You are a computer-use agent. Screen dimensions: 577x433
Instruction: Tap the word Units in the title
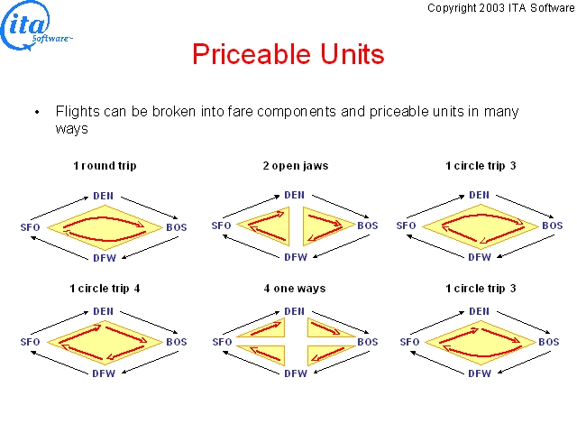[353, 54]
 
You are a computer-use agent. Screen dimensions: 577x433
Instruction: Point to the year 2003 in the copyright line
[492, 8]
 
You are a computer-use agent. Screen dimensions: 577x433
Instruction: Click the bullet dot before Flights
[37, 112]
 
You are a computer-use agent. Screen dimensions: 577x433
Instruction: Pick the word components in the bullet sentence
[297, 112]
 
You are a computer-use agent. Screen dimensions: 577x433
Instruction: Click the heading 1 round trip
[105, 166]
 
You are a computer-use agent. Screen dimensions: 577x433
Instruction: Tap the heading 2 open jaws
[296, 166]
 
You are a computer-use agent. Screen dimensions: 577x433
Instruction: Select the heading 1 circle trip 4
[105, 289]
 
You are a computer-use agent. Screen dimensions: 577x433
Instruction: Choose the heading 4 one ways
[295, 289]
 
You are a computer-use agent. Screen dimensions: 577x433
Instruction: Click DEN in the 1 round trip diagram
[103, 196]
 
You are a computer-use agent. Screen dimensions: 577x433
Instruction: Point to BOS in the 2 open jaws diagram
[368, 226]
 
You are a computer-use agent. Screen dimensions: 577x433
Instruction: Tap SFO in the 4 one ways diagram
[223, 342]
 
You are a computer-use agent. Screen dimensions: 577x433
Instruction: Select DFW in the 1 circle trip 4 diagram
[104, 373]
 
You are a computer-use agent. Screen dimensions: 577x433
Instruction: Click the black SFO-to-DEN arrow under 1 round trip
[60, 208]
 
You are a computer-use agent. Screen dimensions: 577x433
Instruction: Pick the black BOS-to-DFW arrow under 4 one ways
[342, 363]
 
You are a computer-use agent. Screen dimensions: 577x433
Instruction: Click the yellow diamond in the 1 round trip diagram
[105, 227]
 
